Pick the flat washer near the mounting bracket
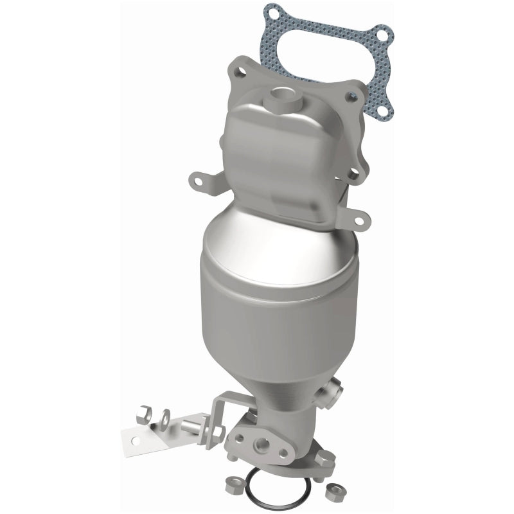[165, 416]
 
